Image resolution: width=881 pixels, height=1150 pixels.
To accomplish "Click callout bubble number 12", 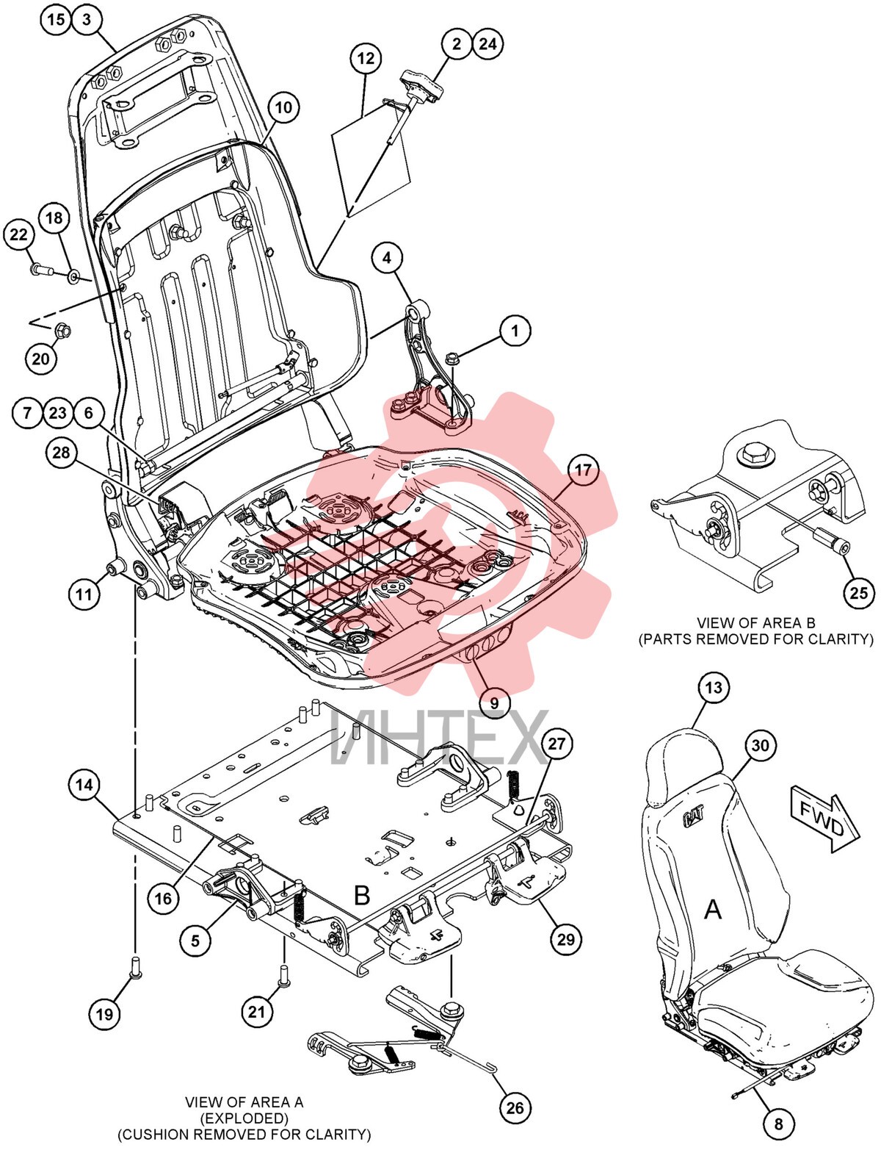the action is pyautogui.click(x=366, y=58).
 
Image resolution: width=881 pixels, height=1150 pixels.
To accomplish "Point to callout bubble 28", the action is pyautogui.click(x=62, y=453).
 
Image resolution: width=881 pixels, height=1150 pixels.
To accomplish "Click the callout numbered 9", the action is pyautogui.click(x=494, y=702).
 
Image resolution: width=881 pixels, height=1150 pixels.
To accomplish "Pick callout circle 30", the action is pyautogui.click(x=760, y=745).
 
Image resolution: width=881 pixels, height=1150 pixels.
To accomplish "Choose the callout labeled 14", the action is pyautogui.click(x=84, y=784).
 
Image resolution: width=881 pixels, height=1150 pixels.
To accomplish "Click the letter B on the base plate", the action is pyautogui.click(x=362, y=895).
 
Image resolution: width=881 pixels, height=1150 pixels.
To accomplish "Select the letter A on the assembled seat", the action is pyautogui.click(x=713, y=910).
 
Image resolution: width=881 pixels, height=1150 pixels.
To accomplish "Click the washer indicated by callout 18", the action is pyautogui.click(x=73, y=276).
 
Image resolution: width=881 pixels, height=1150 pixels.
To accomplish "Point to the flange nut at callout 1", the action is pyautogui.click(x=453, y=359).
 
